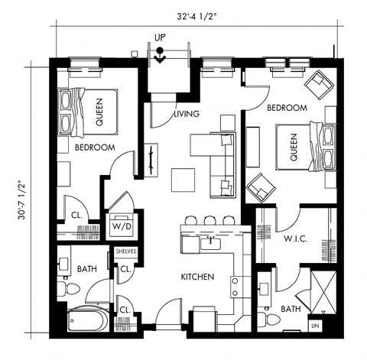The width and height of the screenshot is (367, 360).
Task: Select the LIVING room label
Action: (x=187, y=114)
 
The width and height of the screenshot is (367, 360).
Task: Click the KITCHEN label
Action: (x=196, y=277)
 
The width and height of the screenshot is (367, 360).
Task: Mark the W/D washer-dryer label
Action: (x=121, y=227)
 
